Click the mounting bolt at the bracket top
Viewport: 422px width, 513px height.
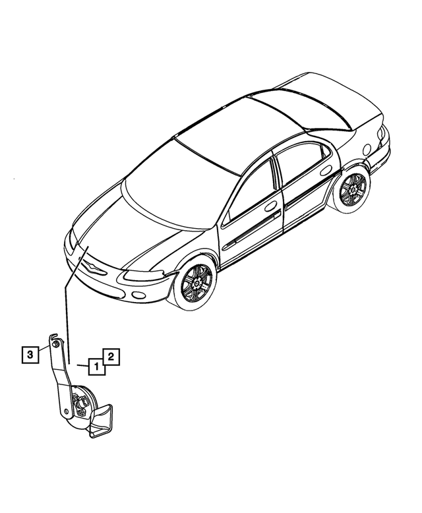[57, 344]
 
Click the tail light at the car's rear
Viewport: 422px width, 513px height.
[381, 133]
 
